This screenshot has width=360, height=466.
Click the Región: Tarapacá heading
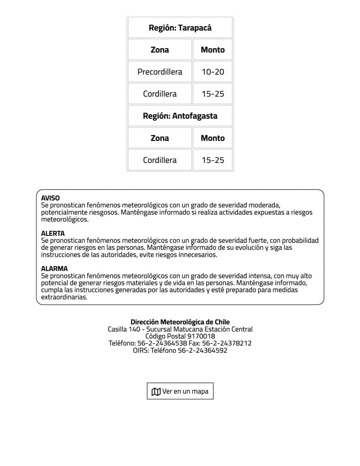click(180, 28)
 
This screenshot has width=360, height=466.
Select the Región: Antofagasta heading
click(180, 116)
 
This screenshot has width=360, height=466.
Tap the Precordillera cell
click(160, 72)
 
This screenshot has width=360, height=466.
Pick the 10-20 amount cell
click(213, 72)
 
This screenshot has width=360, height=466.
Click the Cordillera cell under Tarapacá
click(160, 94)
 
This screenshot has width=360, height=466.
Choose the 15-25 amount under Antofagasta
click(213, 160)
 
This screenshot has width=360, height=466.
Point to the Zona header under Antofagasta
click(160, 138)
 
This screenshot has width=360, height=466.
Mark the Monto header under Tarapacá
click(213, 50)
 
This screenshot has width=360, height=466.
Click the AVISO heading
click(50, 198)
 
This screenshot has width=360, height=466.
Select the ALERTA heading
click(53, 233)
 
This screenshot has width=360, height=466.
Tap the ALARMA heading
click(54, 269)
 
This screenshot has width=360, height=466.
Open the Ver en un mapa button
click(180, 391)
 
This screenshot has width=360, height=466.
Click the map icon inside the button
click(156, 392)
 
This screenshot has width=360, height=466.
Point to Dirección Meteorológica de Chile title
click(180, 322)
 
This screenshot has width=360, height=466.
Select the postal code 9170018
click(201, 336)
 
